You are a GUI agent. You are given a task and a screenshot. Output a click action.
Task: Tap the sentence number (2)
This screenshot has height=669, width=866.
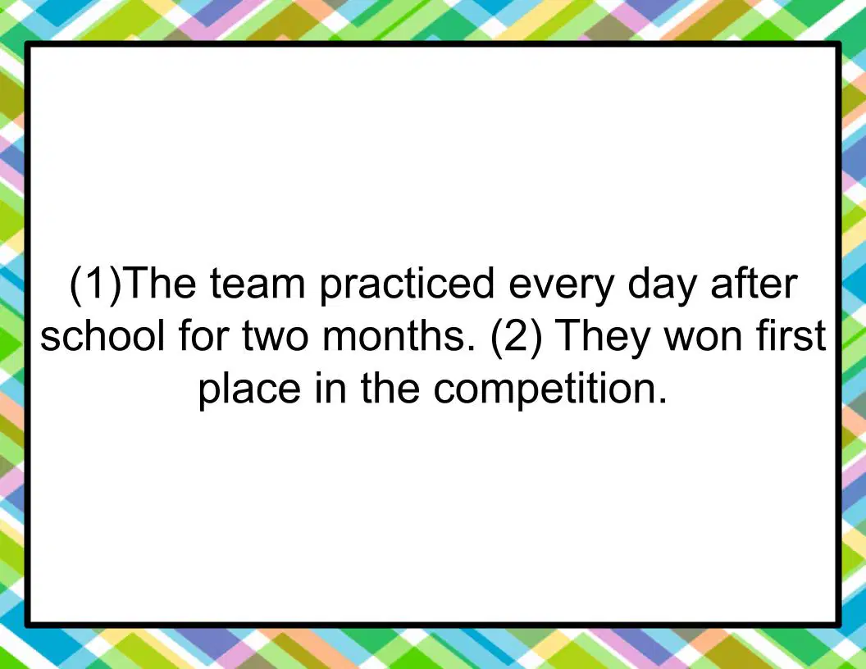click(516, 337)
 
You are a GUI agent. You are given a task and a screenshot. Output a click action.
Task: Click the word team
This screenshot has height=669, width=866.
click(258, 284)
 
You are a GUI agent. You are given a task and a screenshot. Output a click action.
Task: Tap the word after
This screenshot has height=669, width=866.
click(754, 283)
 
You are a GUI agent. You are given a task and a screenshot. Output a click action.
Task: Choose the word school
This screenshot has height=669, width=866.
click(103, 334)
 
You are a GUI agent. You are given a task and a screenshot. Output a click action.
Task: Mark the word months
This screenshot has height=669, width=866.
click(399, 334)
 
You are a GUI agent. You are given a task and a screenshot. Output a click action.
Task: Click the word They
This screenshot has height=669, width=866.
click(601, 337)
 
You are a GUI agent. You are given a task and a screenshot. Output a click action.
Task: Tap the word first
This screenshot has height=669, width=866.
click(791, 334)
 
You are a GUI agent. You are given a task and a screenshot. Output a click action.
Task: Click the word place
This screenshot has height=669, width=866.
click(249, 389)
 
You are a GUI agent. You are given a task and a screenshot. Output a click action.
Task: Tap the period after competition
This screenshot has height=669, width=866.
click(663, 400)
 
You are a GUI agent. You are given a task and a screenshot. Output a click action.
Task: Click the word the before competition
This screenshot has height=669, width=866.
click(390, 387)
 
